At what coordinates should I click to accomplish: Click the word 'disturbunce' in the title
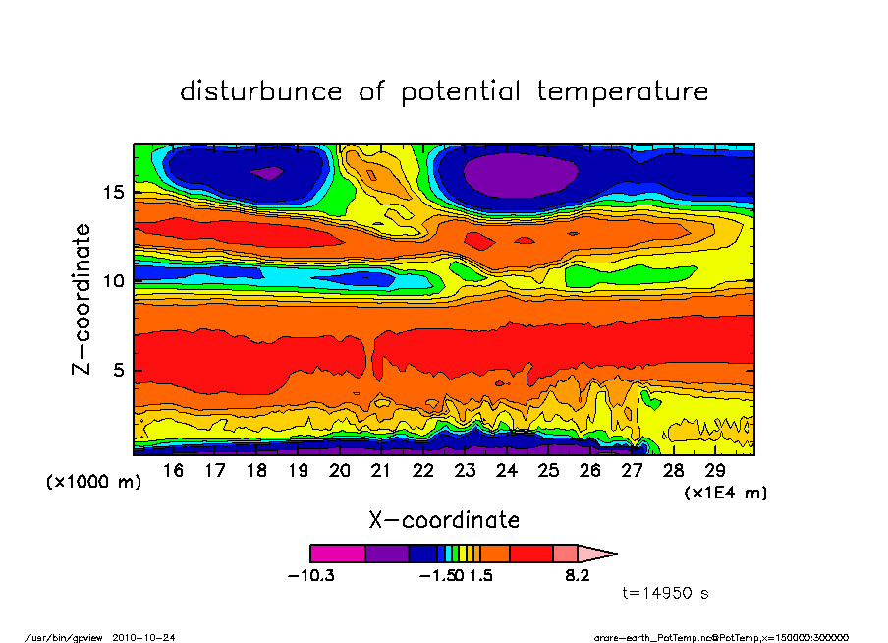[x=261, y=92]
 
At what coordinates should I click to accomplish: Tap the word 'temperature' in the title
[x=622, y=93]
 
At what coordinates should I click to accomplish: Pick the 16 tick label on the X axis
[x=173, y=471]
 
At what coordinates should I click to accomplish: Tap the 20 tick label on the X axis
[x=339, y=471]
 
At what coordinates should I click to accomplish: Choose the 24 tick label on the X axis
[x=506, y=471]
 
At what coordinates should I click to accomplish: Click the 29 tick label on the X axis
[x=714, y=471]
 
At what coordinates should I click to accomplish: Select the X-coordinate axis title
[x=443, y=520]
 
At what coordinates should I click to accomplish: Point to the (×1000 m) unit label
[x=94, y=483]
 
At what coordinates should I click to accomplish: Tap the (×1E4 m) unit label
[x=726, y=493]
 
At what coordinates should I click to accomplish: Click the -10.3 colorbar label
[x=310, y=575]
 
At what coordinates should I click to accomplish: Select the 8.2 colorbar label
[x=577, y=575]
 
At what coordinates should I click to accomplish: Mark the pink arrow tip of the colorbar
[x=599, y=554]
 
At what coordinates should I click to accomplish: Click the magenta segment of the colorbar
[x=337, y=554]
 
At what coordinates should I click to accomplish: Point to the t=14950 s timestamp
[x=666, y=593]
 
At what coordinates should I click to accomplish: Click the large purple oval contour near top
[x=520, y=176]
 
